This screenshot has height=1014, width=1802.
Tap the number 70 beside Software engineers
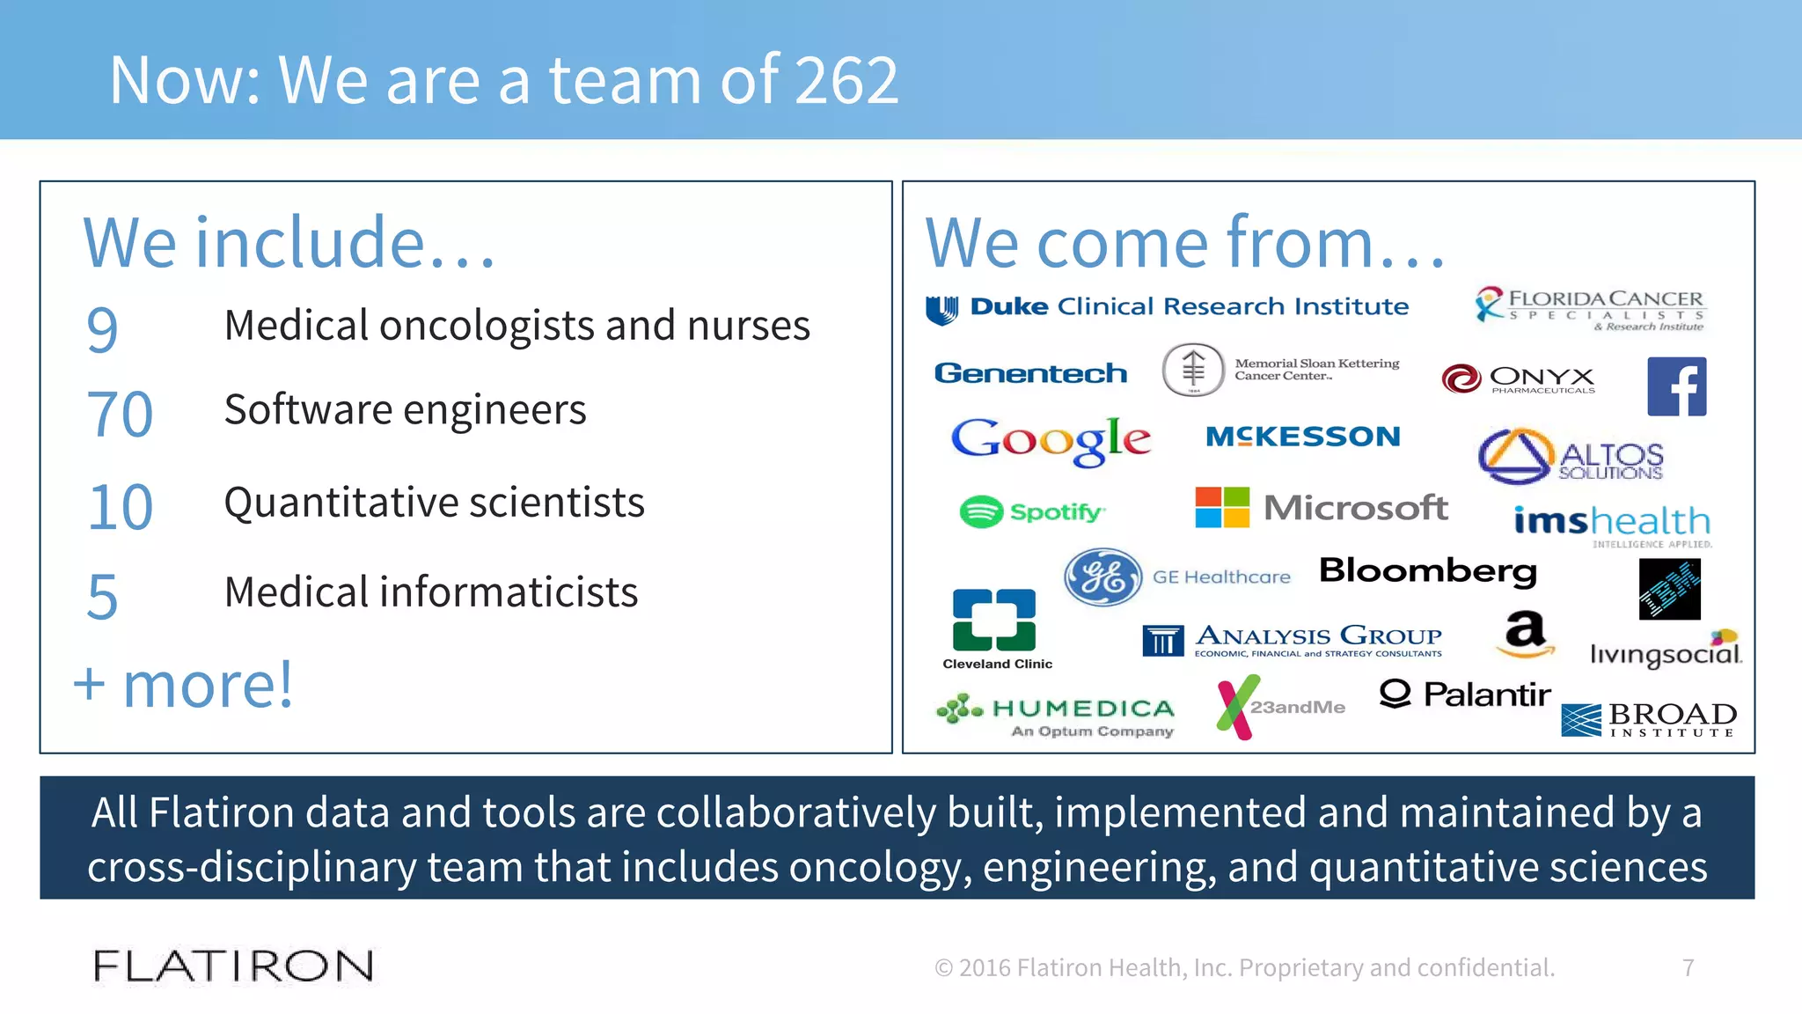pos(120,415)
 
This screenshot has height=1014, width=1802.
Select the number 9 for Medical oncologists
pos(102,329)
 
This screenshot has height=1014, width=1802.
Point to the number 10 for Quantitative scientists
pos(121,508)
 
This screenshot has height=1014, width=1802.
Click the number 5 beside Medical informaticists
pos(102,597)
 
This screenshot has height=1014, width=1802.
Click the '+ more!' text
pos(183,685)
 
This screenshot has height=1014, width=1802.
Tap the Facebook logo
pos(1676,386)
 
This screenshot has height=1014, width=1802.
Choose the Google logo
pos(1051,440)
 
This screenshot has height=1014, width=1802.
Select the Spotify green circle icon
pos(980,511)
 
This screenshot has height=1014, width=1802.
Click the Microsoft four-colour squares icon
pos(1222,507)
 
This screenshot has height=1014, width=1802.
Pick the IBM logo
pos(1669,590)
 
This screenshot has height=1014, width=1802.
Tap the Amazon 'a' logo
pos(1525,634)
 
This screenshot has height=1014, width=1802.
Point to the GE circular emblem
pos(1102,577)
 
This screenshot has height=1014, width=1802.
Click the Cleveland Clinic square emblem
pos(994,620)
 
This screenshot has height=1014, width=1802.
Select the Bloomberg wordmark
pos(1428,571)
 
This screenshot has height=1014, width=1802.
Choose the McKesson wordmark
pos(1302,437)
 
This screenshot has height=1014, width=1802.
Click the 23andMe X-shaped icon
pos(1237,707)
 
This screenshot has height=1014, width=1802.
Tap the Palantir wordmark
pos(1465,694)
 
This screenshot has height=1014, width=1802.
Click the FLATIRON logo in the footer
pos(233,966)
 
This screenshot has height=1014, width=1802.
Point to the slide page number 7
pos(1688,967)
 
